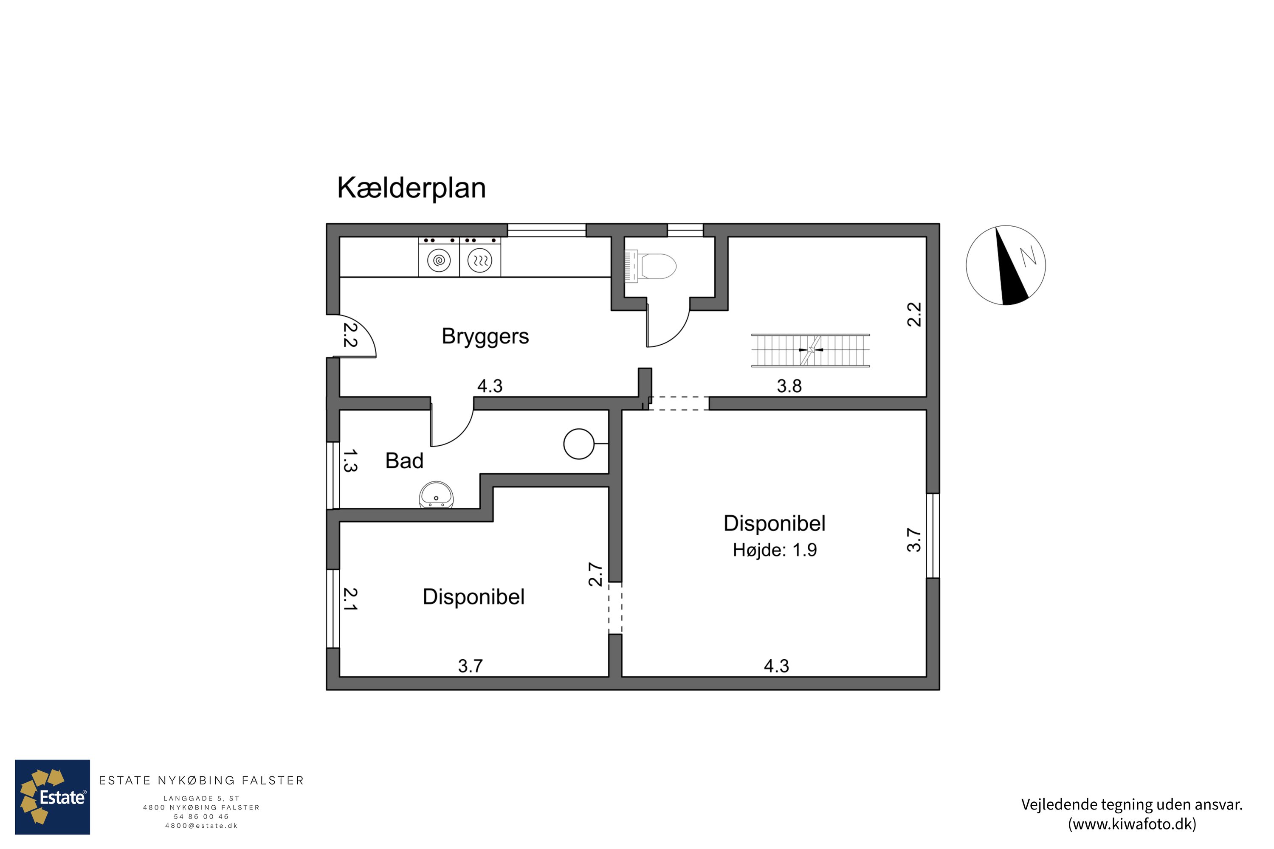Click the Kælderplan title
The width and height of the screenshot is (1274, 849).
coord(411,188)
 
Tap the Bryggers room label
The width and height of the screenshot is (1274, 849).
coord(485,336)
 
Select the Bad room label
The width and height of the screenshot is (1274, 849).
coord(404,461)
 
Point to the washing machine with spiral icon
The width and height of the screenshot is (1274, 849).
coord(439,261)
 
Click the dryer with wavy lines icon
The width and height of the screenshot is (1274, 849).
coord(480,261)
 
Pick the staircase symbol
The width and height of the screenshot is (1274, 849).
coord(810,350)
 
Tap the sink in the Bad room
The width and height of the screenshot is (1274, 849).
coord(436,495)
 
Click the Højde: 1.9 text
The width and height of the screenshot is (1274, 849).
coord(775,550)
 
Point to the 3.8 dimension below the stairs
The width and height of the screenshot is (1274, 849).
coord(789,386)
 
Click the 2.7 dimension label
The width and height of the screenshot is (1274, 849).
coord(595,574)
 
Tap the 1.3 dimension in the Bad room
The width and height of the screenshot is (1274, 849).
coord(350,461)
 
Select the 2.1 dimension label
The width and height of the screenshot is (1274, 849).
coord(350,599)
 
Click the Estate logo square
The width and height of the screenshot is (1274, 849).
coord(53,797)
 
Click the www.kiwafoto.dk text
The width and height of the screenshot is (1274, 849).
coord(1132,824)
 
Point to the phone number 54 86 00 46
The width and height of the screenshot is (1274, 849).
coord(201,816)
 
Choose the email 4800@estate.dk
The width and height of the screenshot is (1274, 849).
coord(201,826)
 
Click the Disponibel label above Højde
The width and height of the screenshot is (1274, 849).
coord(775,523)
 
